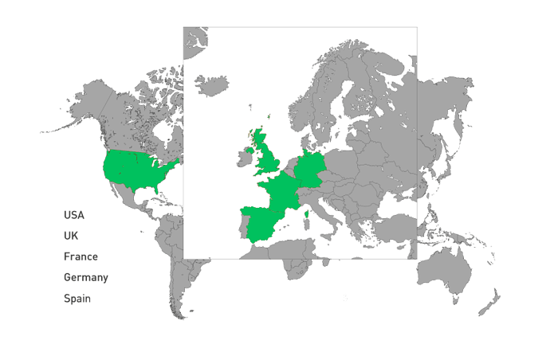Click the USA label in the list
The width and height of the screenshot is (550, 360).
74,215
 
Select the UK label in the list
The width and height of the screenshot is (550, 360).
71,236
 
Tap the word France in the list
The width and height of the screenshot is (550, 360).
81,256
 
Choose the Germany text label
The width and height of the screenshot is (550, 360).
85,277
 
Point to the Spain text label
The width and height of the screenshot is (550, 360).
77,299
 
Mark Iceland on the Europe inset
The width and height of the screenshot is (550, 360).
210,84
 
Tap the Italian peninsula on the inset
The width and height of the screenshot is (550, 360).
324,215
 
